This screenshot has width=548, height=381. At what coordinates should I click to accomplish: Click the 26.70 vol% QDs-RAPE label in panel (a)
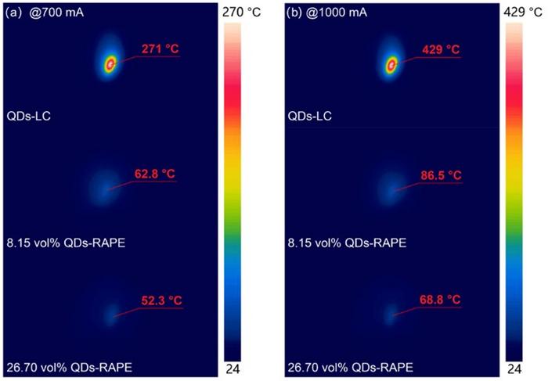pos(68,367)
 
